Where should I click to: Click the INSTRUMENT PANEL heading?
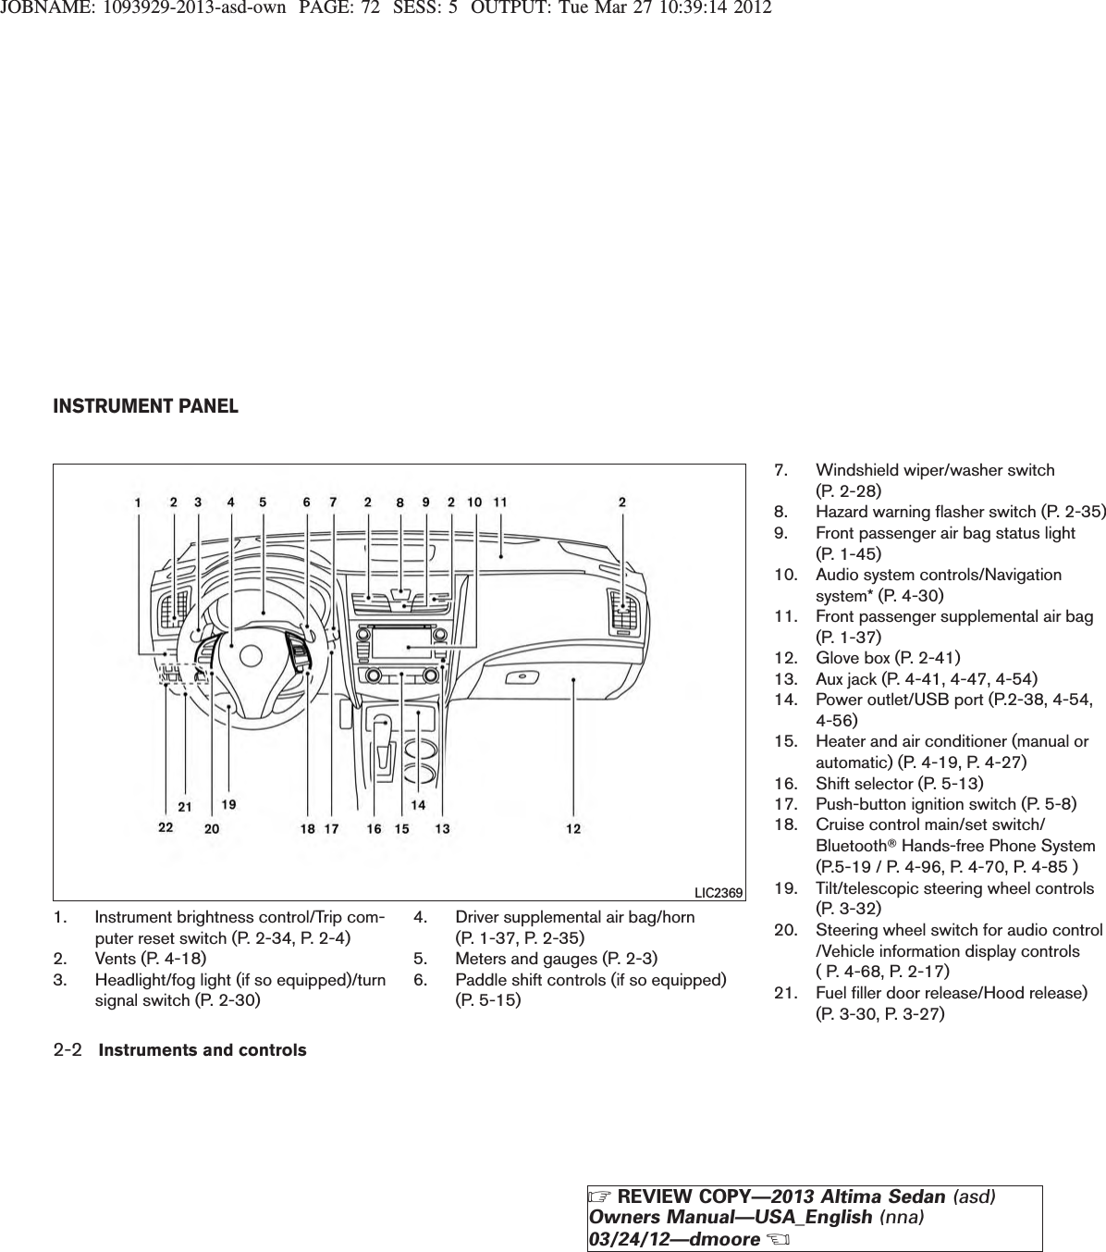click(x=145, y=406)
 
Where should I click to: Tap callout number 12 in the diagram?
click(x=574, y=828)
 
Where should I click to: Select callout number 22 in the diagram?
click(x=166, y=828)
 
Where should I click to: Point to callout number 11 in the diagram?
click(x=500, y=502)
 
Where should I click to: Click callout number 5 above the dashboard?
click(x=263, y=502)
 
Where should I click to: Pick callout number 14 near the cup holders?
click(x=419, y=805)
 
